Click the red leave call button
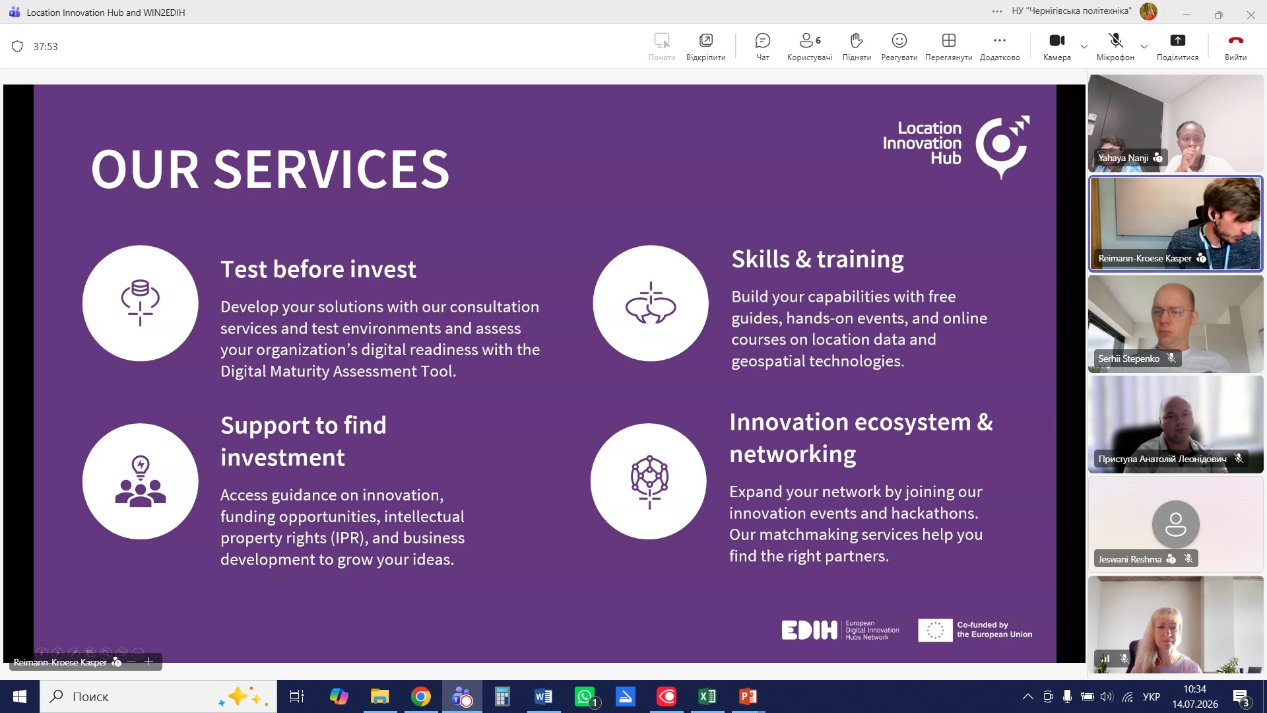tap(1235, 40)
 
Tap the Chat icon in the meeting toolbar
tap(762, 41)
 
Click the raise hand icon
tap(857, 41)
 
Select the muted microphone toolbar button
tap(1116, 41)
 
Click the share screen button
tap(1177, 41)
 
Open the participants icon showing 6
tap(810, 41)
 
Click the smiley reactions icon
tap(899, 41)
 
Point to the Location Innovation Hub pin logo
tap(1002, 147)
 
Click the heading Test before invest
tap(318, 269)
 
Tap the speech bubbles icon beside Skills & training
tap(651, 304)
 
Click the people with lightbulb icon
tap(141, 481)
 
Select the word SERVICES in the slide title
tap(331, 169)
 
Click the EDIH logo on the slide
tap(809, 630)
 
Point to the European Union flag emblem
tap(935, 630)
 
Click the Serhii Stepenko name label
tap(1128, 358)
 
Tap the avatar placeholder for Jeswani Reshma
tap(1176, 524)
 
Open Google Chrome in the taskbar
tap(420, 696)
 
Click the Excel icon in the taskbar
tap(707, 696)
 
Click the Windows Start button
tap(20, 696)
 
